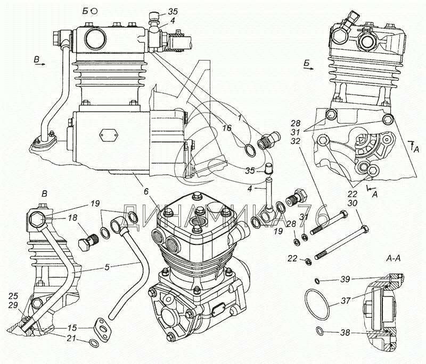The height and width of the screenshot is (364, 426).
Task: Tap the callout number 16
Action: pyautogui.click(x=227, y=129)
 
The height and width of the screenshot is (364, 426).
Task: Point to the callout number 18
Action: pyautogui.click(x=73, y=217)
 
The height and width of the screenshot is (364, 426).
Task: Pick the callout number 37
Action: pyautogui.click(x=345, y=301)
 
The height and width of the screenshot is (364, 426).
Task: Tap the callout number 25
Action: pyautogui.click(x=13, y=295)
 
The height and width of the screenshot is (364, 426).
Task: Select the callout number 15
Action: pyautogui.click(x=71, y=328)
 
